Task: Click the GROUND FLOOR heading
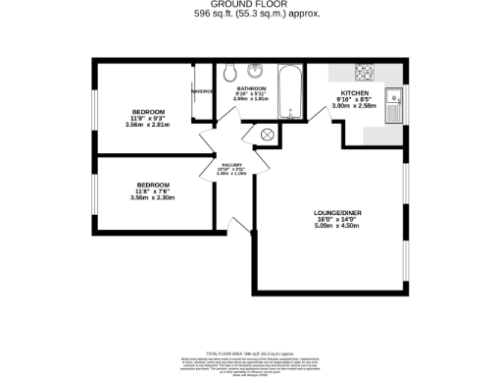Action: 250,5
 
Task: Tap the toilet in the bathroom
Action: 229,73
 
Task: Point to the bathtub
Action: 290,92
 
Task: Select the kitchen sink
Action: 394,101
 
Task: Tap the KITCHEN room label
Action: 354,92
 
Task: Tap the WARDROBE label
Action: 202,91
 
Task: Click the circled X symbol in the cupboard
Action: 268,133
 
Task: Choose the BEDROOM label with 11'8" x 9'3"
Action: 150,111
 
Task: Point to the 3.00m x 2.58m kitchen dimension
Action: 354,106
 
